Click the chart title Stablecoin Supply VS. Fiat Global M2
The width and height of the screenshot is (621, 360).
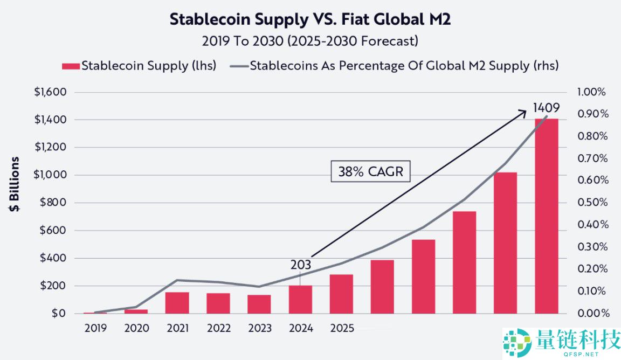[x=310, y=19]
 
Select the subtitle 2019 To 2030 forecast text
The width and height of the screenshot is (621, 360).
[x=310, y=41]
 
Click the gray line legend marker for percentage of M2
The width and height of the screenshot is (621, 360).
[x=241, y=66]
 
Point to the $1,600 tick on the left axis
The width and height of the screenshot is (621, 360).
[x=50, y=92]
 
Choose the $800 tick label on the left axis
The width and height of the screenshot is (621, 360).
[x=53, y=203]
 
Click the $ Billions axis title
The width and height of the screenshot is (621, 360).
[x=15, y=184]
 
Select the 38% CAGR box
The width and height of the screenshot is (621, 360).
[x=370, y=172]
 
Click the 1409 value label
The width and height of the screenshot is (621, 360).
[x=546, y=107]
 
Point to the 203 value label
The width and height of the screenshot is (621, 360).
[x=300, y=265]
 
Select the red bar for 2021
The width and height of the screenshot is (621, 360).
[x=177, y=303]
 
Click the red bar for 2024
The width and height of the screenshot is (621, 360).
[x=300, y=300]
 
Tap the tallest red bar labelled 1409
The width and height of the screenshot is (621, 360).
[x=546, y=216]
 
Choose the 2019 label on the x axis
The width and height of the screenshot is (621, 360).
[x=95, y=328]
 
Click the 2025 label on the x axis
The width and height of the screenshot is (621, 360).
[x=342, y=328]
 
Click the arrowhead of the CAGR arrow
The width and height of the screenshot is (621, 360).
[x=524, y=112]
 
